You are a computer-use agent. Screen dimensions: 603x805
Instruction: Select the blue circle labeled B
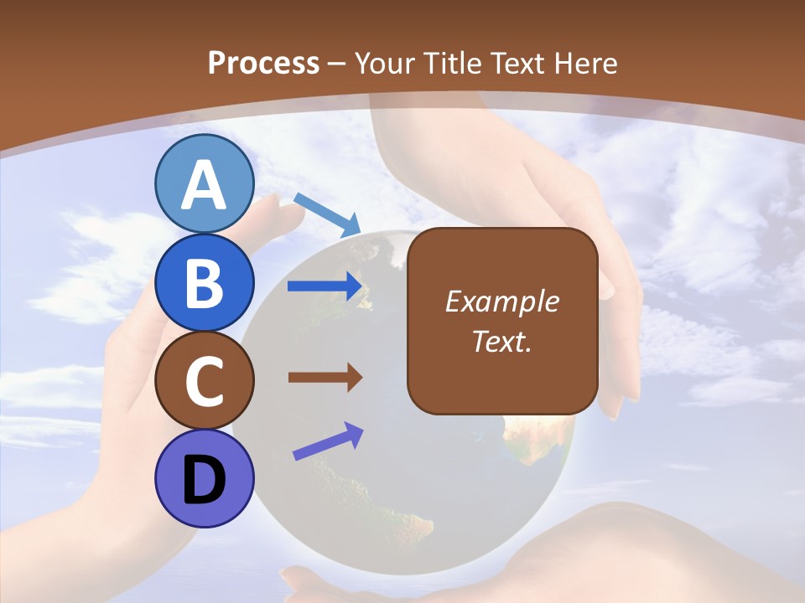point(204,283)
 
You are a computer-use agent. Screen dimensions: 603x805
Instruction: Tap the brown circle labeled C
point(204,381)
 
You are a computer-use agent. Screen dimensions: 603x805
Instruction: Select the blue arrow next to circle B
point(325,286)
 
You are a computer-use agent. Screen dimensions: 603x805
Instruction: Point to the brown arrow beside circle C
point(325,378)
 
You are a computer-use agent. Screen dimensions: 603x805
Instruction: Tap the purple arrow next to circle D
point(328,441)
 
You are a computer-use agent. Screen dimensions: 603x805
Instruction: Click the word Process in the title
point(263,63)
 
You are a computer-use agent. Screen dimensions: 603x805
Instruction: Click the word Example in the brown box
point(501,301)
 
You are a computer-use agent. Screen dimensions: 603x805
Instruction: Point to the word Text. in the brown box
point(501,342)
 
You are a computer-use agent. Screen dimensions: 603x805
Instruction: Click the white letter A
point(204,185)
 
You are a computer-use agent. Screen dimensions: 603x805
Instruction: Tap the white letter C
point(204,381)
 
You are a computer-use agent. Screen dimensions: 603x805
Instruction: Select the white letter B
point(204,283)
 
